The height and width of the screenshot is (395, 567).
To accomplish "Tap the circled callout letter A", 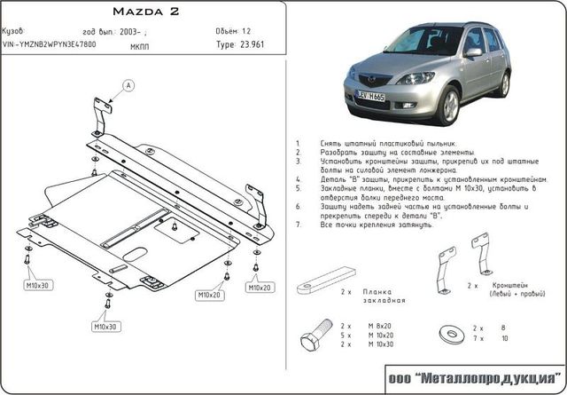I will [128, 85].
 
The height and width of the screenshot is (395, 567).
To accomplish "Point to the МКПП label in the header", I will [139, 43].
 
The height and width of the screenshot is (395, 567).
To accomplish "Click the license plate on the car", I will [373, 94].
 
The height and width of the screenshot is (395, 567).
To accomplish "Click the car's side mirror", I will [474, 52].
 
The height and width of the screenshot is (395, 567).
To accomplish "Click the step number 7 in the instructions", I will [298, 225].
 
